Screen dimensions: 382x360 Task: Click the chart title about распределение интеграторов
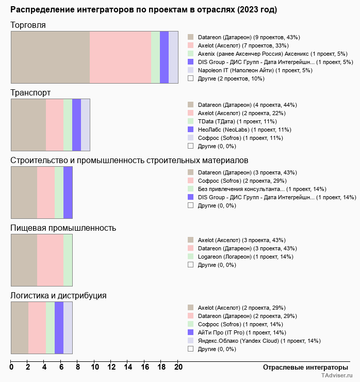(143, 10)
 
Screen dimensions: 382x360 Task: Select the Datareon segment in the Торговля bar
(50, 57)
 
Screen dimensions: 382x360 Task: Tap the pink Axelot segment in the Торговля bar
(120, 57)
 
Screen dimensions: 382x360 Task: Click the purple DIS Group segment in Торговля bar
(164, 57)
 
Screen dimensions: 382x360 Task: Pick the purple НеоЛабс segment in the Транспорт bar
(76, 124)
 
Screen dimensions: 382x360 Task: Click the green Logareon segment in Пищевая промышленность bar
(68, 260)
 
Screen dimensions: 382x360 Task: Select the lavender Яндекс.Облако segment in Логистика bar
(68, 327)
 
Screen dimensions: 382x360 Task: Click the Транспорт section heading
(30, 92)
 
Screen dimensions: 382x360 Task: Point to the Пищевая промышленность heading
(63, 228)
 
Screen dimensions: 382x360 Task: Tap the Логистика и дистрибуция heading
(58, 295)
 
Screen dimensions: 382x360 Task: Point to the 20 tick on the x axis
(178, 368)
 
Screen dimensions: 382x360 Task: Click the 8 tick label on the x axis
(78, 368)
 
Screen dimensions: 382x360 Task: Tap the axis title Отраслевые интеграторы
(302, 368)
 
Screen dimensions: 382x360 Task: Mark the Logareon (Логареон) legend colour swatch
(190, 257)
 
